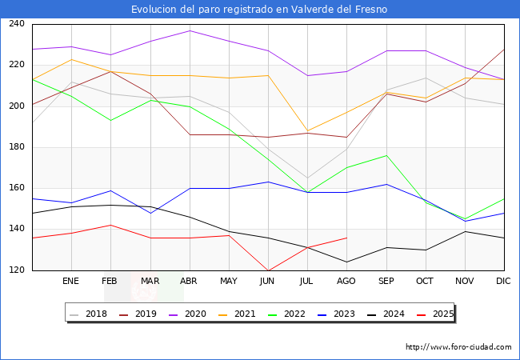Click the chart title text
[260, 9]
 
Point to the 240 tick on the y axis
[17, 24]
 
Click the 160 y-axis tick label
[17, 188]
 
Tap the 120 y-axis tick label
[17, 270]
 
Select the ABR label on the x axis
[189, 282]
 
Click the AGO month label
[346, 282]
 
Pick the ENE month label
[71, 282]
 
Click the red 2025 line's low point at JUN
[268, 270]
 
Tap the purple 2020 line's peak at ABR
[189, 30]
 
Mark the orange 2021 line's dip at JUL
[307, 131]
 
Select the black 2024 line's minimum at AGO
[346, 262]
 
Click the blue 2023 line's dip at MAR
[150, 213]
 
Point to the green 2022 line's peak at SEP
[386, 155]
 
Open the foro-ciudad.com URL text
[458, 347]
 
